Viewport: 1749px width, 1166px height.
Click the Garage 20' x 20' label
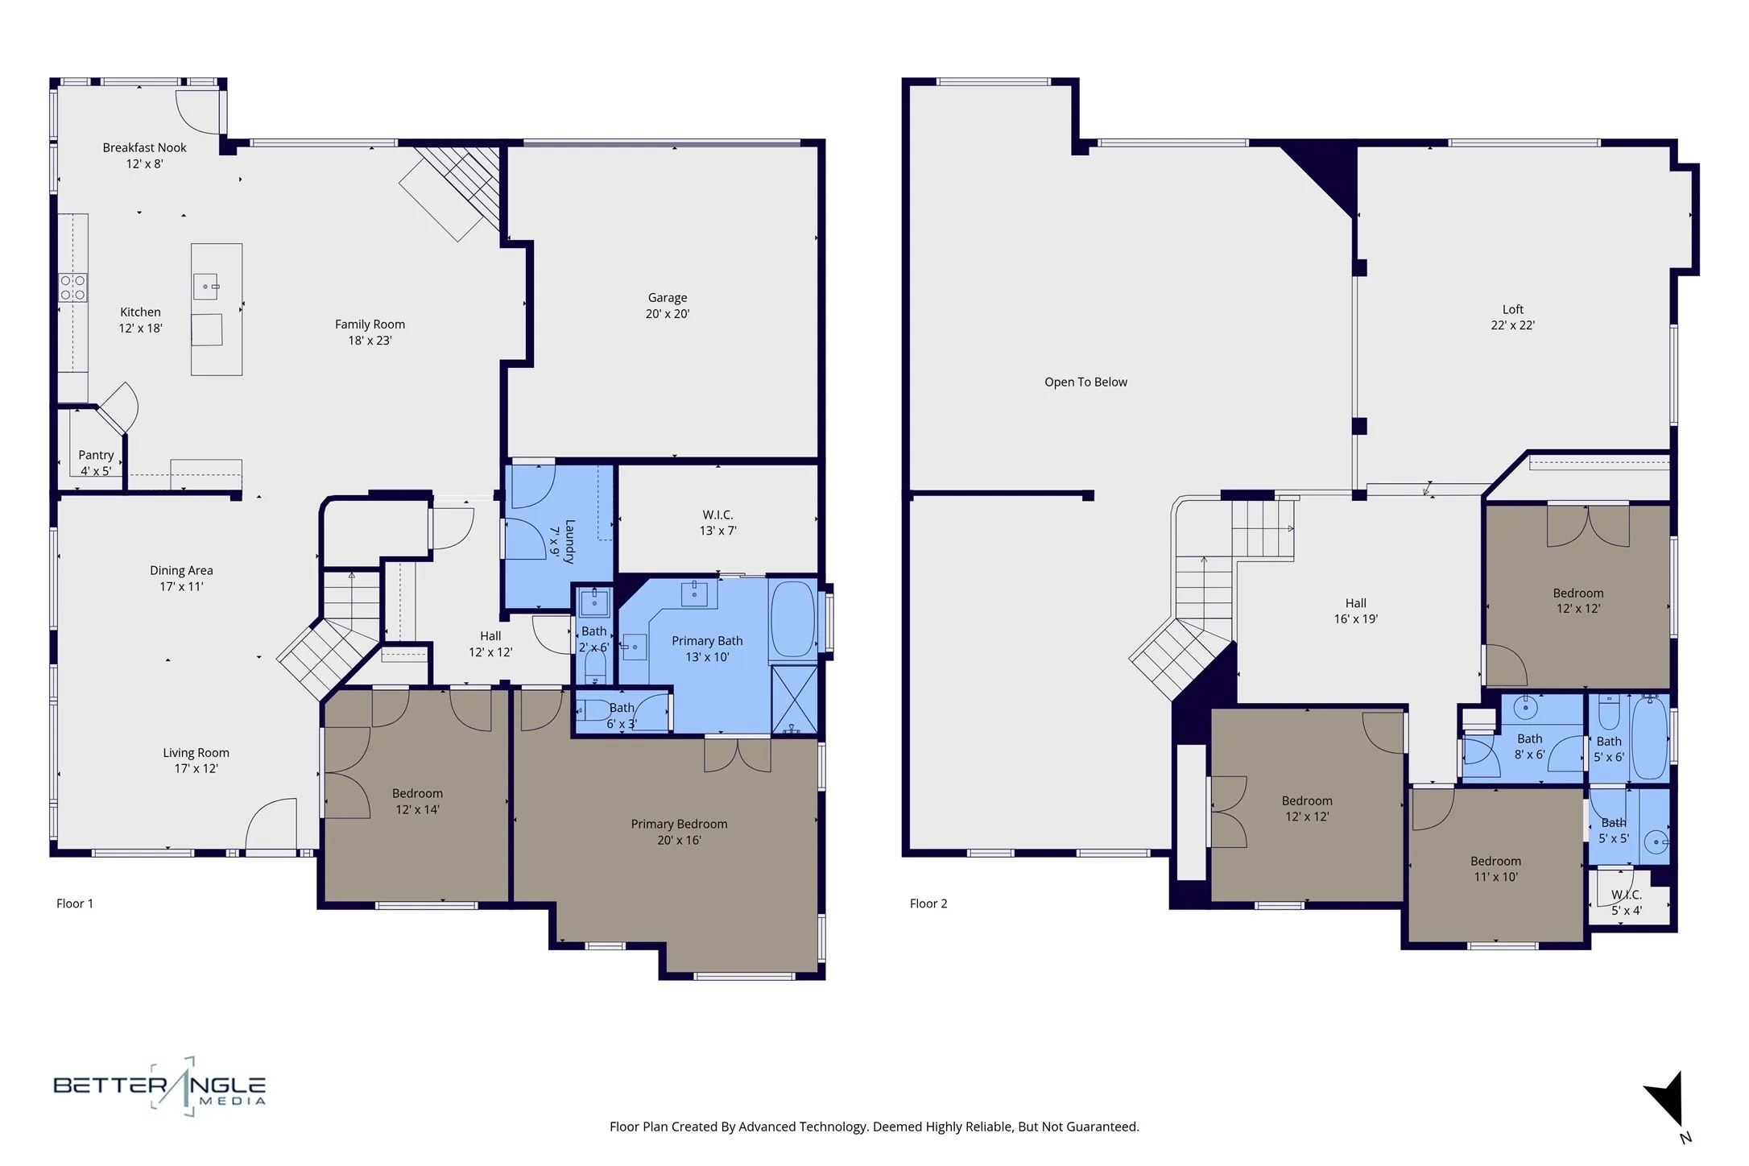coord(667,306)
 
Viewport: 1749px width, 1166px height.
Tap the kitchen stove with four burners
coord(72,287)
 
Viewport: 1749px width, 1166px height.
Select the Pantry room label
coord(96,463)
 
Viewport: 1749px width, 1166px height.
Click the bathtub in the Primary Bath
coord(792,618)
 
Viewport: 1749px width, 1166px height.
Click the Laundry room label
coord(562,541)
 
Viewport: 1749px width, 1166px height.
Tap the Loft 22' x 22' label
coord(1512,317)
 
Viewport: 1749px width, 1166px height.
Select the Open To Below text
coord(1085,382)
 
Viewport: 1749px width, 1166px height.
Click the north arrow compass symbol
coord(1667,1099)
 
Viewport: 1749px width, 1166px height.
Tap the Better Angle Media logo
coord(159,1087)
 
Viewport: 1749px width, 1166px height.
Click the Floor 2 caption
coord(928,903)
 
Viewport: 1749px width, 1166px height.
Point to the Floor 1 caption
coord(75,903)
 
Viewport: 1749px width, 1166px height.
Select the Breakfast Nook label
coord(144,155)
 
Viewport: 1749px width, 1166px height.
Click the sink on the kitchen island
coord(205,286)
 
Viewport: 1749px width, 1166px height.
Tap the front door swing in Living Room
coord(271,823)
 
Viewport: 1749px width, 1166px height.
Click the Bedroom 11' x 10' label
coord(1495,869)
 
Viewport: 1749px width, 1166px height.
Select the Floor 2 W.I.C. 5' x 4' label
coord(1626,903)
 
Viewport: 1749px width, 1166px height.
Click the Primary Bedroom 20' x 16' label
coord(679,832)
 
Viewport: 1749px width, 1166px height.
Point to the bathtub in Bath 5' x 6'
coord(1648,738)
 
